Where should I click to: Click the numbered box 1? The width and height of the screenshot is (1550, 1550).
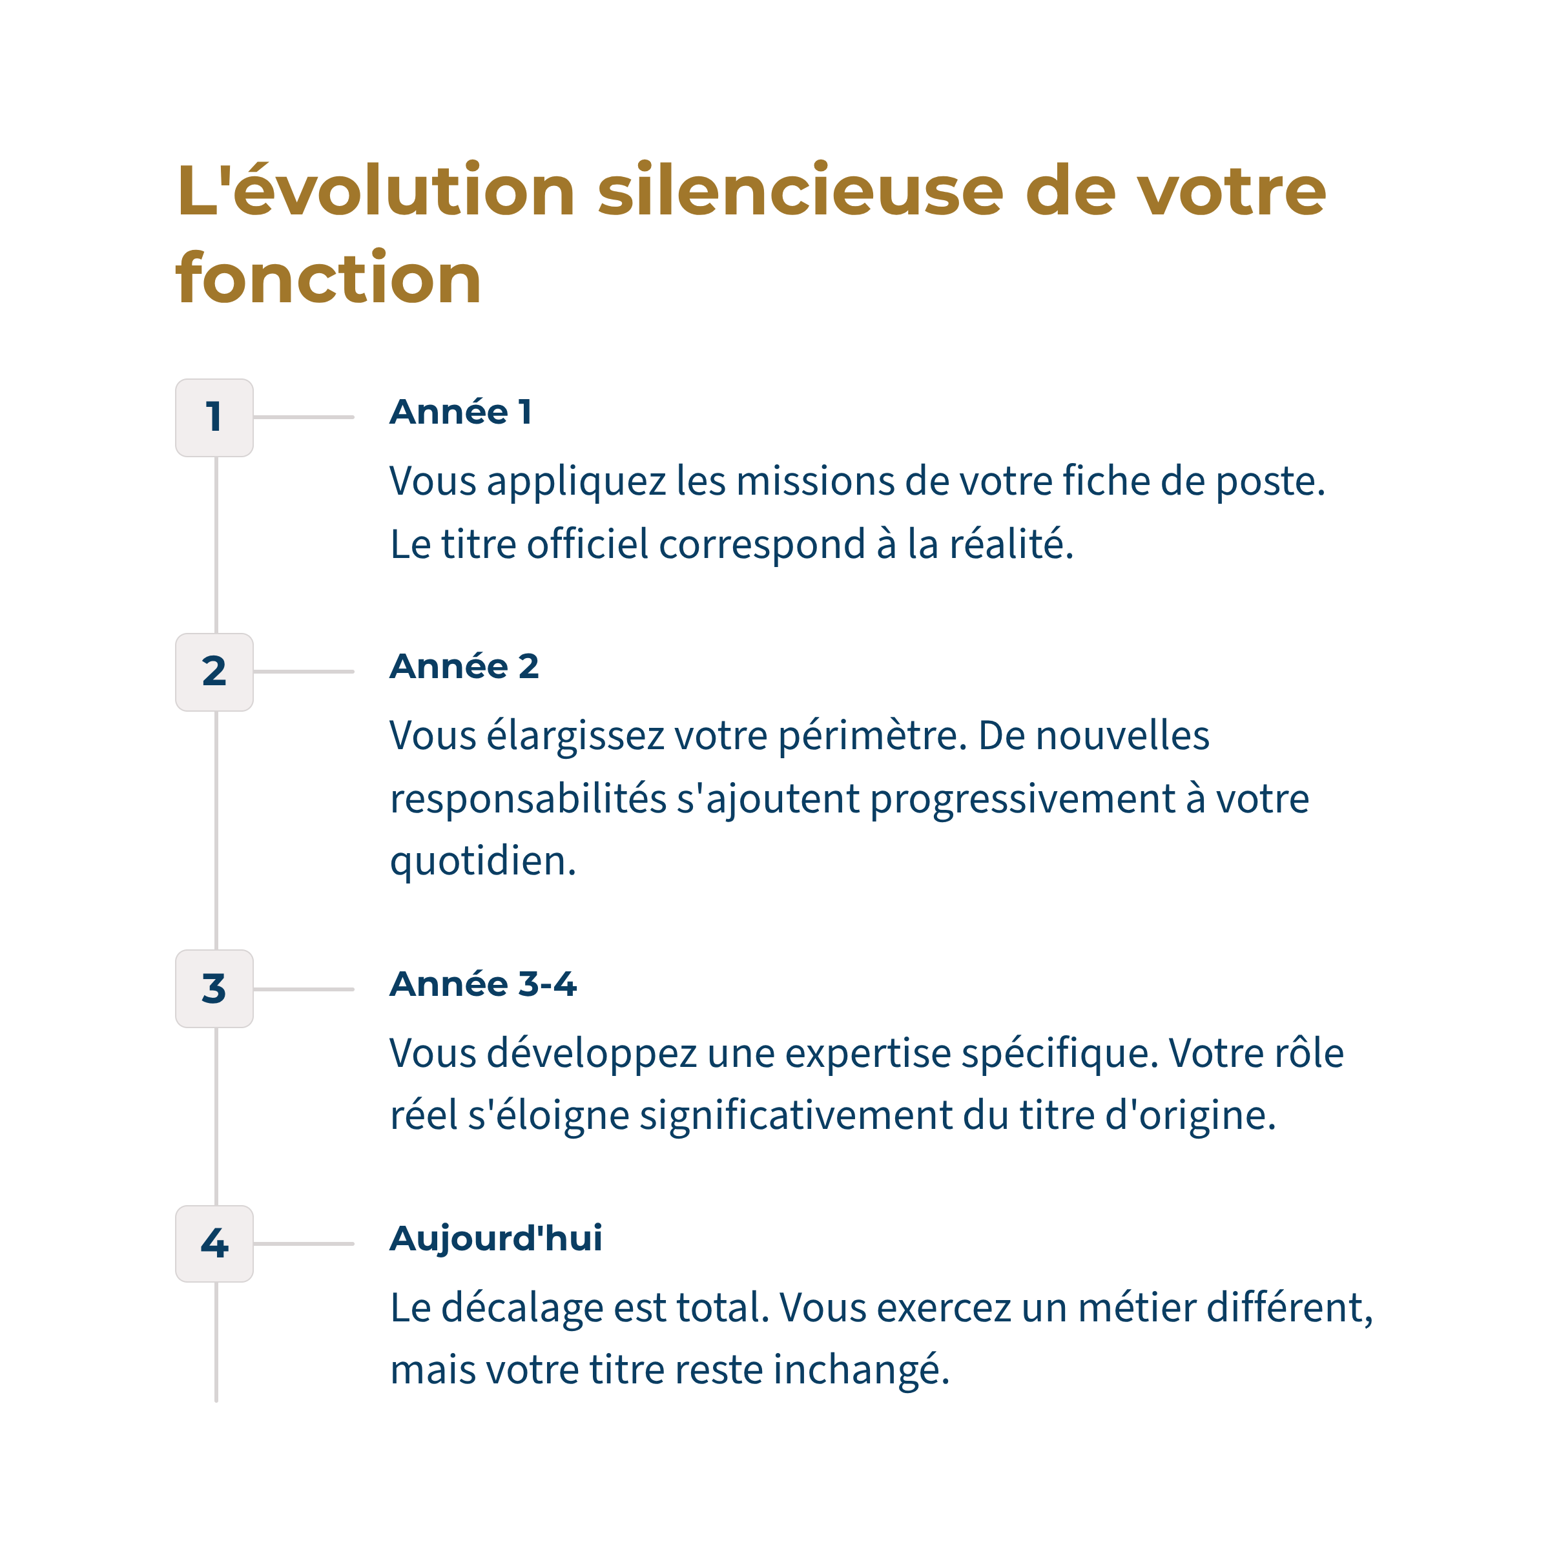pyautogui.click(x=214, y=417)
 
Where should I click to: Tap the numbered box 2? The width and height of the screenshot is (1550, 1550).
pyautogui.click(x=214, y=672)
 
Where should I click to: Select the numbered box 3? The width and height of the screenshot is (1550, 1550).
pyautogui.click(x=214, y=988)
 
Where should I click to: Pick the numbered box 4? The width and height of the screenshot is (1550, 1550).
pyautogui.click(x=214, y=1243)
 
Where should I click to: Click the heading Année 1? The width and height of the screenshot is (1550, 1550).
pyautogui.click(x=460, y=413)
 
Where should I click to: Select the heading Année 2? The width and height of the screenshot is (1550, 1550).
pyautogui.click(x=464, y=666)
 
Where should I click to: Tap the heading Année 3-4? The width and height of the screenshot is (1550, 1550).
pyautogui.click(x=483, y=984)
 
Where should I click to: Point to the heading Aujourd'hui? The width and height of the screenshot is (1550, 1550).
pyautogui.click(x=496, y=1238)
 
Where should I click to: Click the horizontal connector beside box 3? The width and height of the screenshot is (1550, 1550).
pyautogui.click(x=304, y=989)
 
